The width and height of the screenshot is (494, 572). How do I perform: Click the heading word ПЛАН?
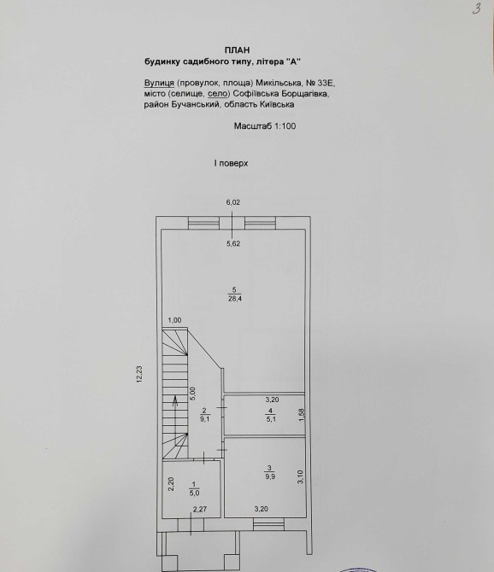238,50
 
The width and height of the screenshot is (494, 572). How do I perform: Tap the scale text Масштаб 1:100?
265,126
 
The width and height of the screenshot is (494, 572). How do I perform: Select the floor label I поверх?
231,163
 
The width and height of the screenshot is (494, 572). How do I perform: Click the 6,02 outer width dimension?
233,202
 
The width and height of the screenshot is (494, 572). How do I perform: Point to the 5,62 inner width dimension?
233,243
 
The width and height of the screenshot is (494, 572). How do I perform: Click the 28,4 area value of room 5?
235,299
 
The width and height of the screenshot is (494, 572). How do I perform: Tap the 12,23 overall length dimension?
139,374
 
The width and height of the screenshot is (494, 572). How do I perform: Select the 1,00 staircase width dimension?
174,320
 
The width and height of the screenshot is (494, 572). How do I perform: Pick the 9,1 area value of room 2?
205,419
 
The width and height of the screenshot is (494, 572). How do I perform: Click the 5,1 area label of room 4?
271,419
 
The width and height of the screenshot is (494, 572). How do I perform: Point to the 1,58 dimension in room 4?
302,414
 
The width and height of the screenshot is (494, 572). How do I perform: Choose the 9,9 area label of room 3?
270,476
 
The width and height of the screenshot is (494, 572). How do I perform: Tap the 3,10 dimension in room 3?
300,476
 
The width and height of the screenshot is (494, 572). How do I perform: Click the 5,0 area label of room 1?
194,493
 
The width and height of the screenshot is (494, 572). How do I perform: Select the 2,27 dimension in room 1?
200,510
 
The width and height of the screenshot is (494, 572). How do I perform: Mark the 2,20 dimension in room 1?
171,484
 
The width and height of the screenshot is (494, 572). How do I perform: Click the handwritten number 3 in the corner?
476,9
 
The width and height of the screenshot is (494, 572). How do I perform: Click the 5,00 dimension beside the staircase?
193,394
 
